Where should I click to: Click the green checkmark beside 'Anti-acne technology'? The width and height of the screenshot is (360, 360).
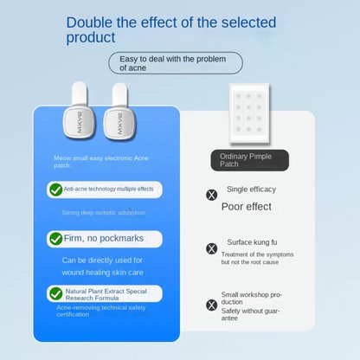pos(56,189)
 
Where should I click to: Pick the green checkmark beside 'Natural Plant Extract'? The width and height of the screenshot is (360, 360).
pos(56,294)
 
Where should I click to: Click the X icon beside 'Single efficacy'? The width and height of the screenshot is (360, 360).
pos(212,195)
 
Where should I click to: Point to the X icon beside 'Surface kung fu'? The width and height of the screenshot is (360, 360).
pos(212,248)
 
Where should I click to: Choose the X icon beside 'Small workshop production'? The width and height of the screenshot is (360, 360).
pos(212,305)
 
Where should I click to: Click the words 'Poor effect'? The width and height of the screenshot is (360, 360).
pos(247,207)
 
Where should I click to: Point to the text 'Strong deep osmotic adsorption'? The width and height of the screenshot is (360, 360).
pos(104,212)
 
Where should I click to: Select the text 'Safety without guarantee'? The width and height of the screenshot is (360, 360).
pos(250,313)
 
